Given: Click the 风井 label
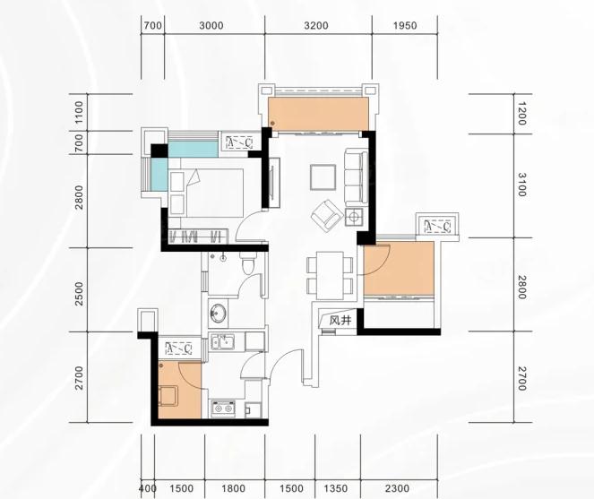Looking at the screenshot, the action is [x=340, y=321].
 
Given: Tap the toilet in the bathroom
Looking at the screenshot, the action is [x=249, y=263].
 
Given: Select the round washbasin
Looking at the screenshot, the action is [x=218, y=314].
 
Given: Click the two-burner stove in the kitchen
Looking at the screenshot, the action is [x=223, y=409].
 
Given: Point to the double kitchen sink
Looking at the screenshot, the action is [x=222, y=341].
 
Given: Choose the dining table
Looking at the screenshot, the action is [x=330, y=275].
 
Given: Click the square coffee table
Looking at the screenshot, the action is [x=323, y=177].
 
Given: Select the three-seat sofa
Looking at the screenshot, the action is [x=356, y=176].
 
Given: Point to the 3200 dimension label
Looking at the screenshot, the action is [x=316, y=26].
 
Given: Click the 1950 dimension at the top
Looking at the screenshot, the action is [x=405, y=26].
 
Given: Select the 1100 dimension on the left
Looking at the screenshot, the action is [x=79, y=112].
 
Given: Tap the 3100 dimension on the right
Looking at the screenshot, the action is [x=522, y=185].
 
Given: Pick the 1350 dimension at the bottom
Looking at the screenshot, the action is [x=336, y=488].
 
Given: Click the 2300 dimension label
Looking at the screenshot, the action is [x=397, y=488].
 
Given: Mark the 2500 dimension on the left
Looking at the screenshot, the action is [x=79, y=294].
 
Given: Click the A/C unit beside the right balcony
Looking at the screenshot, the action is [x=437, y=227].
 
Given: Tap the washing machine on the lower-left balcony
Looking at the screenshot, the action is [x=168, y=395].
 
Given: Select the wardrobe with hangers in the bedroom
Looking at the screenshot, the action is [x=198, y=237].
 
